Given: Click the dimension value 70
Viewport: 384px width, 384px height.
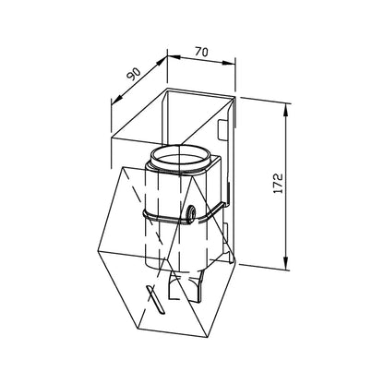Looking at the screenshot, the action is (201, 52).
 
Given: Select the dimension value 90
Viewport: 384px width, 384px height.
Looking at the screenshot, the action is (134, 74).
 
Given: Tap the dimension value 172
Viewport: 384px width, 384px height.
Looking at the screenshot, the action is (278, 184).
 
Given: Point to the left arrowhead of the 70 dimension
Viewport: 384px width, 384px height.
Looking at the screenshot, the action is (174, 57).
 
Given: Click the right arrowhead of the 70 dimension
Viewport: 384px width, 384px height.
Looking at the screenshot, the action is (228, 63).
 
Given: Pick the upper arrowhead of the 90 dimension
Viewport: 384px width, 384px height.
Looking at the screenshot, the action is (161, 63).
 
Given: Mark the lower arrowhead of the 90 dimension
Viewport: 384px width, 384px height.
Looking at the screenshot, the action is (116, 99).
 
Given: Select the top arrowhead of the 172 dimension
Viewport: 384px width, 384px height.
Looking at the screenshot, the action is (286, 110).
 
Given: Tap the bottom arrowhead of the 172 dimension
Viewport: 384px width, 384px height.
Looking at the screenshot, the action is (286, 264).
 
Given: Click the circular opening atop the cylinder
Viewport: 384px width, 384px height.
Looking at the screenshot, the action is (180, 157).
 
